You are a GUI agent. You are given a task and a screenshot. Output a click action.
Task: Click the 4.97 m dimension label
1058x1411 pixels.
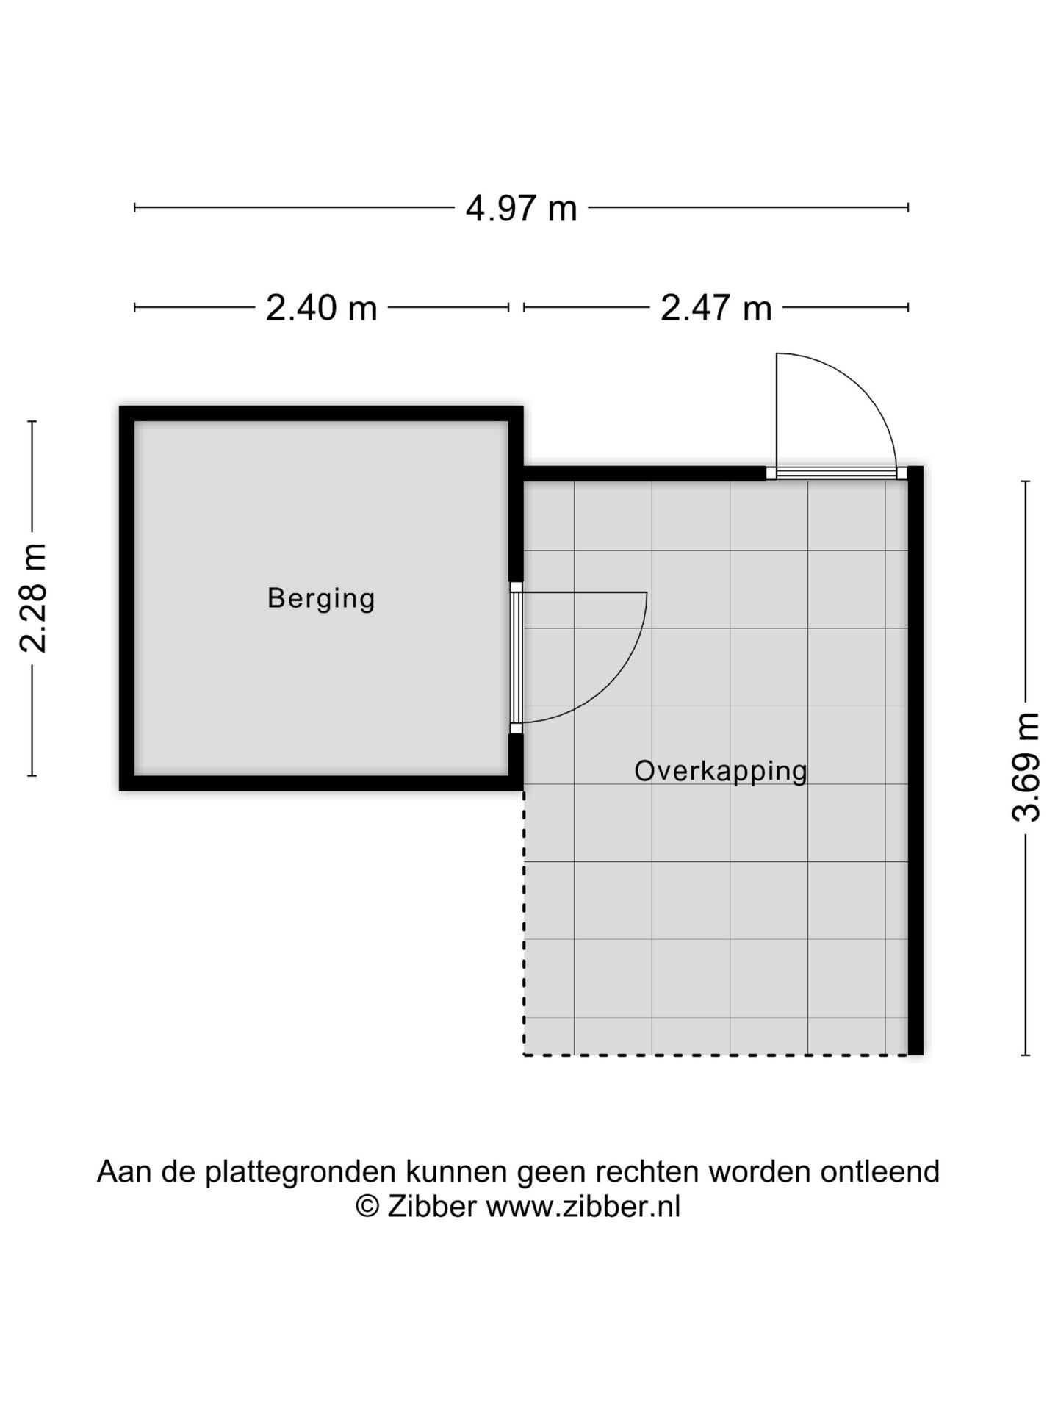click(x=521, y=209)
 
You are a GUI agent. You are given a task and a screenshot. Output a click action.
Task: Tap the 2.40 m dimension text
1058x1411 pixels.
click(x=321, y=308)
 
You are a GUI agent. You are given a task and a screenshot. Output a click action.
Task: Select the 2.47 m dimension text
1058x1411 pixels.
click(x=716, y=308)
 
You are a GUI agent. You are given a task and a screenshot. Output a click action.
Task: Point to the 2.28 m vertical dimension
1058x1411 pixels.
click(x=34, y=598)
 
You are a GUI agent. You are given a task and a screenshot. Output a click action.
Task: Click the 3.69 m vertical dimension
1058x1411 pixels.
click(x=1026, y=766)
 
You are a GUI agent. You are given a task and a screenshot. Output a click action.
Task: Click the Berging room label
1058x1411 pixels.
click(x=321, y=598)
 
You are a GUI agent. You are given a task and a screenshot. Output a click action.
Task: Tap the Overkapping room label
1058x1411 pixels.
click(x=721, y=771)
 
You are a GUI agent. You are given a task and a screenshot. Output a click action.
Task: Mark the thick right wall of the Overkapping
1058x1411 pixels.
click(x=915, y=760)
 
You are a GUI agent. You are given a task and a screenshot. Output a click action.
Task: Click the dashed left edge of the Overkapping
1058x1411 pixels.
click(x=524, y=923)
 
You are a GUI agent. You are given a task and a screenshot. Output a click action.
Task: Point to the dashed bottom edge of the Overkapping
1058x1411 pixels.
click(x=716, y=1055)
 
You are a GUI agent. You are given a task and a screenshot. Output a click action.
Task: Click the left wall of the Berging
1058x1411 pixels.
click(x=126, y=598)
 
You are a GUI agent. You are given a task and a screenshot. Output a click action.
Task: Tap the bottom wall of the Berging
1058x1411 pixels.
click(x=321, y=783)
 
